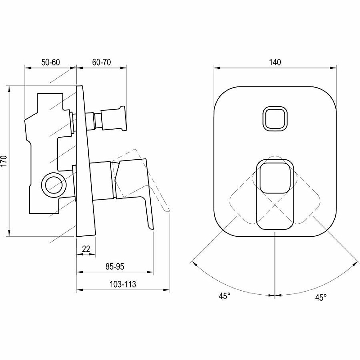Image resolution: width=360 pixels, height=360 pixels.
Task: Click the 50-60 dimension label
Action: coord(50,62)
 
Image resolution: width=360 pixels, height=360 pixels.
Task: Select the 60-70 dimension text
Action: coord(102,62)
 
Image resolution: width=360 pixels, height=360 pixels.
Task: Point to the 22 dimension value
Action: coord(86,249)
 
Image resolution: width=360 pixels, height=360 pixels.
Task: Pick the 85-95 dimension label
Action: coord(115,266)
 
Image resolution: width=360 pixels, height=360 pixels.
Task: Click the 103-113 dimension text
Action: coord(123,284)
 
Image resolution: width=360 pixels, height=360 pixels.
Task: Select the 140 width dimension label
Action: coord(275,62)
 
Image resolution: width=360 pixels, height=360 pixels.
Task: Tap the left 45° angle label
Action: coord(224,296)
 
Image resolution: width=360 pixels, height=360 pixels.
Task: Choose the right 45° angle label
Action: coord(321,297)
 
